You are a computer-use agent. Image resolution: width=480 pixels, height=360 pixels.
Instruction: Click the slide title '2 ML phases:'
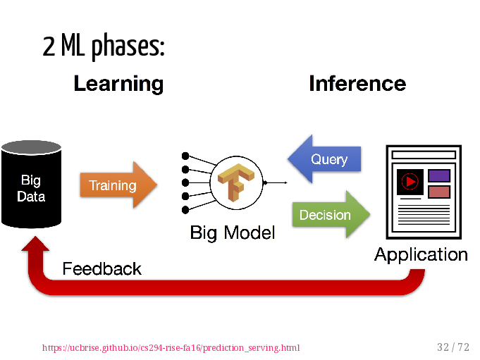104,46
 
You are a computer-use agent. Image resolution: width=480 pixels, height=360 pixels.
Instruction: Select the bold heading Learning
119,84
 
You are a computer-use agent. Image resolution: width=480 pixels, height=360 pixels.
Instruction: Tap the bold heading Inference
357,83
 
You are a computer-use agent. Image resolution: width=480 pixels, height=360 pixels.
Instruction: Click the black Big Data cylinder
31,185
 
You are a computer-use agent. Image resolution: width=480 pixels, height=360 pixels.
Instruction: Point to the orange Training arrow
118,185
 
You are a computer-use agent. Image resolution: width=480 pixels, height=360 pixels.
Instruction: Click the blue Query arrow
324,159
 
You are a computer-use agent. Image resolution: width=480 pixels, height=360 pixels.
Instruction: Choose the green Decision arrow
331,214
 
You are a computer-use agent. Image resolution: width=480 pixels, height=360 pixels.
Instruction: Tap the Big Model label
233,232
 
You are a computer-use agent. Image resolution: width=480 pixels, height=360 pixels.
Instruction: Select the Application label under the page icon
421,255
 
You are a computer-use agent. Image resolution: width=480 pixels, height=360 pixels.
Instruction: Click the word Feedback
102,269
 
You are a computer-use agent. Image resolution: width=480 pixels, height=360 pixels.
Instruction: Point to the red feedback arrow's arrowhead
35,244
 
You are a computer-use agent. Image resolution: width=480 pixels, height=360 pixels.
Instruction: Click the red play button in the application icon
410,182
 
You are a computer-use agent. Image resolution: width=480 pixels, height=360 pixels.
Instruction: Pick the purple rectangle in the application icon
439,176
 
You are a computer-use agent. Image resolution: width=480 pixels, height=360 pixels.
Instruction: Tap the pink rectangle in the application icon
439,192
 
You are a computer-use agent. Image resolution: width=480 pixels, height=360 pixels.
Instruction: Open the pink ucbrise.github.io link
171,348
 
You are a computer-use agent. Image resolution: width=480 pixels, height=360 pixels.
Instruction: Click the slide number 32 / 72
453,347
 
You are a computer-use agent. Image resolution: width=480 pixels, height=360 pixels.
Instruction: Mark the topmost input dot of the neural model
185,156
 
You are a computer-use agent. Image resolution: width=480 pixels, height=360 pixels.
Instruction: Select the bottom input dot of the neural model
185,210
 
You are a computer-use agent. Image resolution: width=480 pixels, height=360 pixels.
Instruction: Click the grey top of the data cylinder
31,147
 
